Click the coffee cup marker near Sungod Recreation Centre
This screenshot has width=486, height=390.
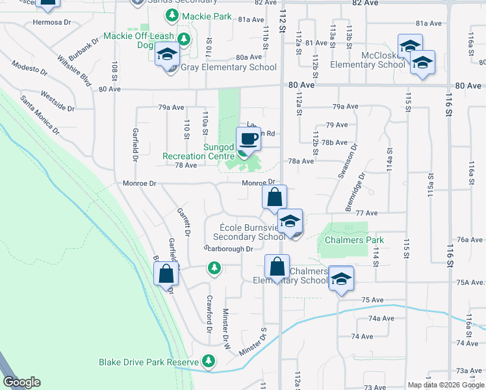click(x=248, y=139)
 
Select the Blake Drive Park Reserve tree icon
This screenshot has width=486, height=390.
click(x=209, y=360)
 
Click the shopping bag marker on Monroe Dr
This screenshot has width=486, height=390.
click(x=274, y=196)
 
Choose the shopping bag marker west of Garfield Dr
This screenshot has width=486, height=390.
click(x=166, y=273)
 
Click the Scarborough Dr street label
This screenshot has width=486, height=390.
click(x=228, y=248)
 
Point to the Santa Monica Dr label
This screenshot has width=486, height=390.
click(x=40, y=114)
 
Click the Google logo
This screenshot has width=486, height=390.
click(x=21, y=382)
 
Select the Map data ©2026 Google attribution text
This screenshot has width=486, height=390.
click(x=446, y=385)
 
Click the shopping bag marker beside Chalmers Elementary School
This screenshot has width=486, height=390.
click(x=277, y=266)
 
